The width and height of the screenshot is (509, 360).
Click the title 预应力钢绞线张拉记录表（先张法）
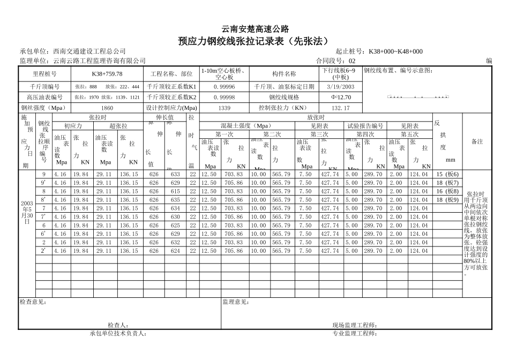click(254, 41)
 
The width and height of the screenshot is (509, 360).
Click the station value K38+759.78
click(107, 74)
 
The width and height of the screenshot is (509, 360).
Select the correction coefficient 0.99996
click(224, 86)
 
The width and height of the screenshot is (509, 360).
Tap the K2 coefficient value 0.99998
click(224, 97)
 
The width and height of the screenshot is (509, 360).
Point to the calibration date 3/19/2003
click(340, 86)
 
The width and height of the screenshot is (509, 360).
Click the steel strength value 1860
click(107, 108)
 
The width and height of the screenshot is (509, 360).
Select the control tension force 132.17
click(340, 108)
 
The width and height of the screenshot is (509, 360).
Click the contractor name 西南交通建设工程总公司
click(89, 51)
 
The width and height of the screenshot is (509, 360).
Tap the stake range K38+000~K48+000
click(395, 51)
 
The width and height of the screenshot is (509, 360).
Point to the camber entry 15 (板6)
click(447, 174)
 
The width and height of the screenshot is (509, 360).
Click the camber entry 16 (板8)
click(447, 191)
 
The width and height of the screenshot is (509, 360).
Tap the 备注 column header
click(477, 142)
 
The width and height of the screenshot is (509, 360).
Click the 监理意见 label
click(236, 302)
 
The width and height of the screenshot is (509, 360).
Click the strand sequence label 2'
click(44, 251)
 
